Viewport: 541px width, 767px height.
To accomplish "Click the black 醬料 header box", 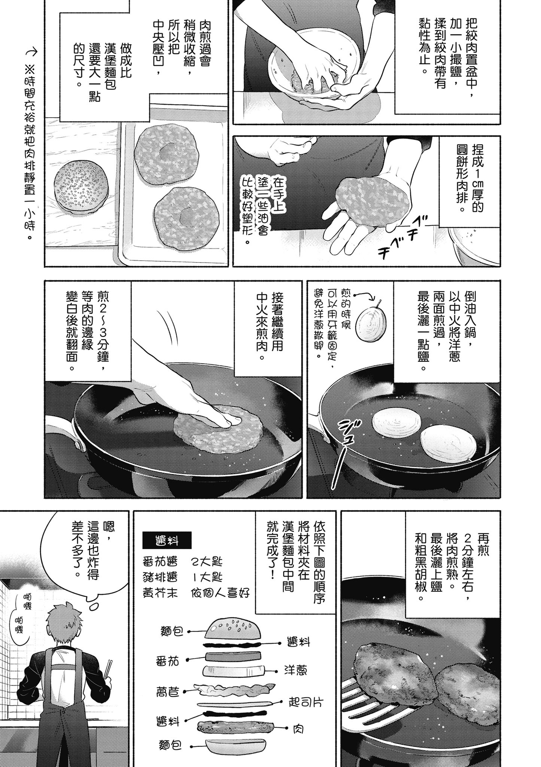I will coord(167,540).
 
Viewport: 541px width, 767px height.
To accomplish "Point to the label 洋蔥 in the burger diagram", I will coord(296,670).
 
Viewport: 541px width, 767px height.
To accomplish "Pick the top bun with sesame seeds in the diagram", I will coord(232,630).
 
